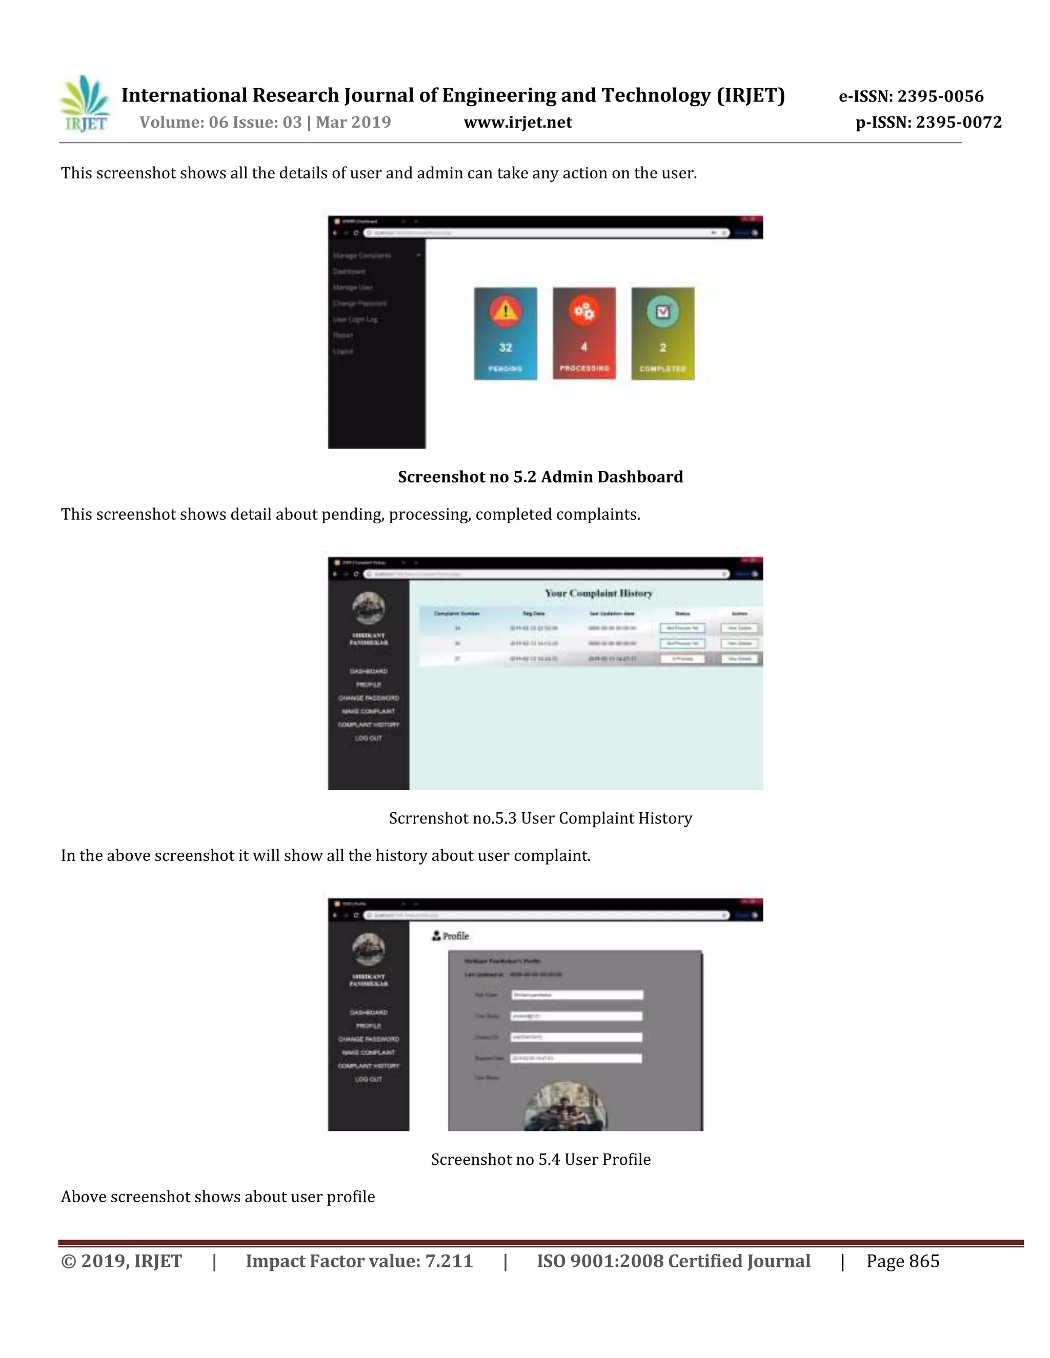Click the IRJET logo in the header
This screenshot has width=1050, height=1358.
point(85,104)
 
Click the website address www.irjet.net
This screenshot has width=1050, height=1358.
point(517,122)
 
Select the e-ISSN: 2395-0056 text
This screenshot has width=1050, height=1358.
point(911,96)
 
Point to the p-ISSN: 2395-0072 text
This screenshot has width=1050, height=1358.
point(928,122)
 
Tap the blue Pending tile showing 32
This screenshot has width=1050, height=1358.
point(505,334)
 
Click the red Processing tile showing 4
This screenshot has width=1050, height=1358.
point(584,334)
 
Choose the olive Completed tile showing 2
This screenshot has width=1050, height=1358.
point(662,334)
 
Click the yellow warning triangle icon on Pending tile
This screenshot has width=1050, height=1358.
point(505,310)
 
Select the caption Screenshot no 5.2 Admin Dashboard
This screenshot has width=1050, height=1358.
point(540,477)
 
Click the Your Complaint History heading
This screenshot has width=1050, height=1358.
point(598,593)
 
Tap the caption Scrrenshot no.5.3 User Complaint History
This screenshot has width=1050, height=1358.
point(540,818)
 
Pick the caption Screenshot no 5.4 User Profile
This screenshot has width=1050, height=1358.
point(540,1160)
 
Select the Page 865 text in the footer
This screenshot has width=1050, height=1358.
point(902,1262)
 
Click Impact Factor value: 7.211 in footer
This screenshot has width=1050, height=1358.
point(359,1262)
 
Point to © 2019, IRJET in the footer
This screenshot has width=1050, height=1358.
point(122,1262)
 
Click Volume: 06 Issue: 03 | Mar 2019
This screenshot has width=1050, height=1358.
point(265,122)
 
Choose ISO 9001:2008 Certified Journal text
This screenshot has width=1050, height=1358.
point(673,1262)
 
